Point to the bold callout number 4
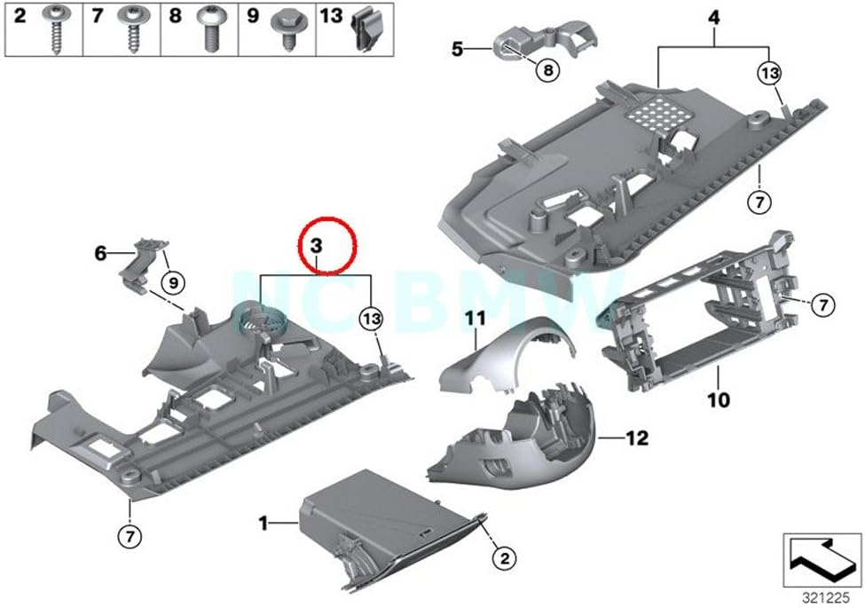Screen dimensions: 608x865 (x=713, y=19)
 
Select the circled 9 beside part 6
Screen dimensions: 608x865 (x=173, y=283)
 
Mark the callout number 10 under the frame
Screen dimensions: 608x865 (x=719, y=400)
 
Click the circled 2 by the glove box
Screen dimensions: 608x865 (x=504, y=557)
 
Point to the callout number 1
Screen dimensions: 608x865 (x=263, y=524)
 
